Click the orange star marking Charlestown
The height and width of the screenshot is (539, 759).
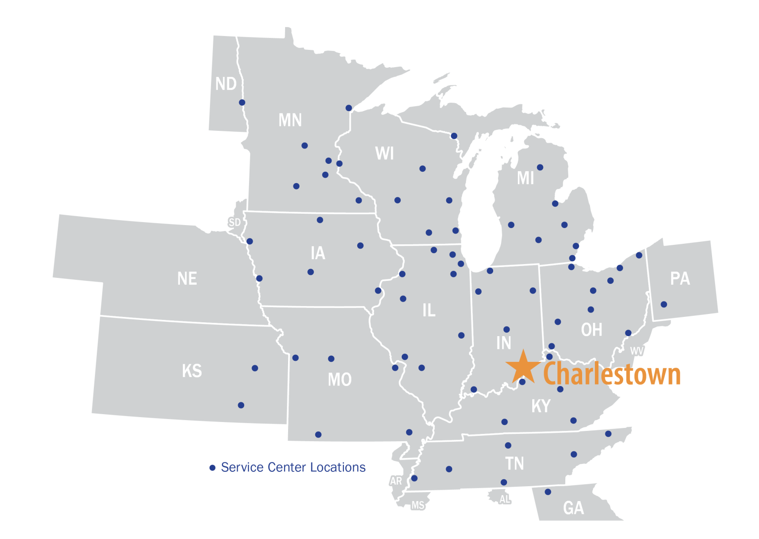(523, 367)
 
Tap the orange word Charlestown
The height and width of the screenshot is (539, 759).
(612, 374)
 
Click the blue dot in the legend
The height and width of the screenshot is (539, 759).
(212, 467)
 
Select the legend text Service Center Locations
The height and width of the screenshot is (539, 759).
(293, 467)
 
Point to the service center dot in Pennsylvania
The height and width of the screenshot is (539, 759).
(664, 304)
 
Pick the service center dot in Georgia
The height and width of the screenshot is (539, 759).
(548, 492)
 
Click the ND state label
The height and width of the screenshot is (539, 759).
(226, 84)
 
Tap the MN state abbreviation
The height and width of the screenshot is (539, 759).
(290, 120)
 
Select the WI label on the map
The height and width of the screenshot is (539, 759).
(384, 154)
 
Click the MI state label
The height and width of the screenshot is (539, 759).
(525, 178)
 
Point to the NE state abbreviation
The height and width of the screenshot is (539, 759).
(187, 279)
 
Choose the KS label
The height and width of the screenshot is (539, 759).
(192, 371)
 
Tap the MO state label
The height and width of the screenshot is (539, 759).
(339, 380)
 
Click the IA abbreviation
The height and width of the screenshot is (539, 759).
(318, 253)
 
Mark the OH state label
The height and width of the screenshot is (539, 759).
(591, 330)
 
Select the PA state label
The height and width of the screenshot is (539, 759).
(680, 279)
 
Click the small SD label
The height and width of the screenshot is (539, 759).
(234, 223)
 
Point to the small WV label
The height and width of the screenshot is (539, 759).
(637, 351)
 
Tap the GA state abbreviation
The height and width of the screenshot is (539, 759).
(573, 508)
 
